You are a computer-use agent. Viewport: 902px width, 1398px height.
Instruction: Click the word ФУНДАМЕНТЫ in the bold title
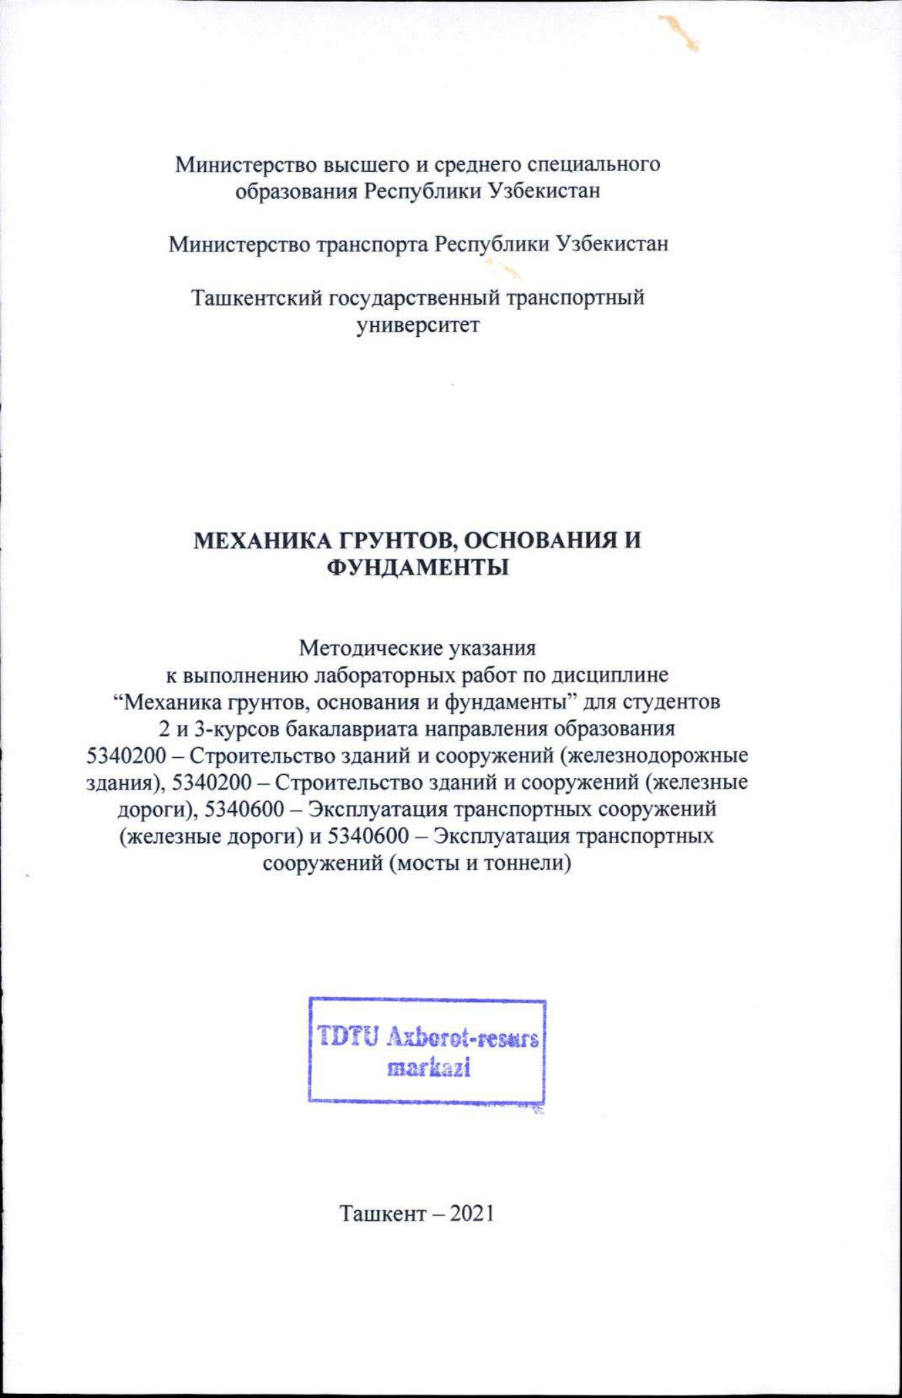417,568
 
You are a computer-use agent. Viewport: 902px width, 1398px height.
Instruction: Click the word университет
418,325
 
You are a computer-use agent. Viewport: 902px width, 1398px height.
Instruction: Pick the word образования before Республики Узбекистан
296,191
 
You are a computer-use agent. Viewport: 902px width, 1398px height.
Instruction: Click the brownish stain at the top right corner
681,32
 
